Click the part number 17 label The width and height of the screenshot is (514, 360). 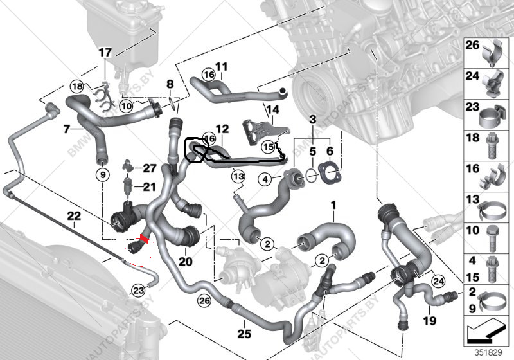pyautogui.click(x=105, y=52)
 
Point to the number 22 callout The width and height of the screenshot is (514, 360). pyautogui.click(x=74, y=216)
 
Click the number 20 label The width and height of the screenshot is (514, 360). pyautogui.click(x=186, y=262)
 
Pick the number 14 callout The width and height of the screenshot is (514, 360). pyautogui.click(x=274, y=109)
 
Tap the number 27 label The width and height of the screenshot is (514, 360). pyautogui.click(x=149, y=168)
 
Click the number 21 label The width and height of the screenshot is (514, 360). pyautogui.click(x=149, y=187)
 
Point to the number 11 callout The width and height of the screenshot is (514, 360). pyautogui.click(x=222, y=66)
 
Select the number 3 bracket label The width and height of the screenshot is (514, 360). pyautogui.click(x=312, y=120)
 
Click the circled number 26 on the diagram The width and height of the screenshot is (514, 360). pyautogui.click(x=204, y=300)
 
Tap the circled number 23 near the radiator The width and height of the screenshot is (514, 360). pyautogui.click(x=137, y=290)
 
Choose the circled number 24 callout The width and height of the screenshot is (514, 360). pyautogui.click(x=439, y=280)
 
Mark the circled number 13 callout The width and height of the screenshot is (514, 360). pyautogui.click(x=238, y=175)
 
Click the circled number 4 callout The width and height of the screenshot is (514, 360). pyautogui.click(x=263, y=180)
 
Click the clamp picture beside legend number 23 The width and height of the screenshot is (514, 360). pyautogui.click(x=490, y=116)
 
